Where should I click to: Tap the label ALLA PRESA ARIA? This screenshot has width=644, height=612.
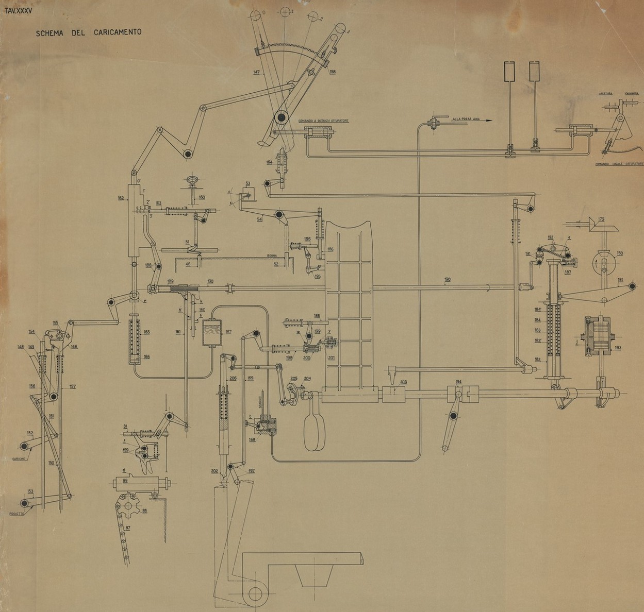click(x=466, y=118)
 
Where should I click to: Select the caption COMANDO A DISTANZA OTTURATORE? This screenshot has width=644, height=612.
click(x=324, y=121)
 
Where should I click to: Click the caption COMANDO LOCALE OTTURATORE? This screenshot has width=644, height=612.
click(x=619, y=164)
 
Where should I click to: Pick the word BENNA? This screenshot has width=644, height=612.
click(x=272, y=255)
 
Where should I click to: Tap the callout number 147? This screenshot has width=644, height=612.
click(x=257, y=72)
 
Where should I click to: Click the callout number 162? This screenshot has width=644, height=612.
click(x=121, y=198)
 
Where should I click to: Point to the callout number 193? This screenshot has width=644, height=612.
click(x=618, y=348)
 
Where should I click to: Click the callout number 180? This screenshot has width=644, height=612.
click(x=620, y=253)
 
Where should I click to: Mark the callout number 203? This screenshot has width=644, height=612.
click(x=403, y=382)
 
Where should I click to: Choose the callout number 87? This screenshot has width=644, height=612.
click(x=127, y=528)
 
